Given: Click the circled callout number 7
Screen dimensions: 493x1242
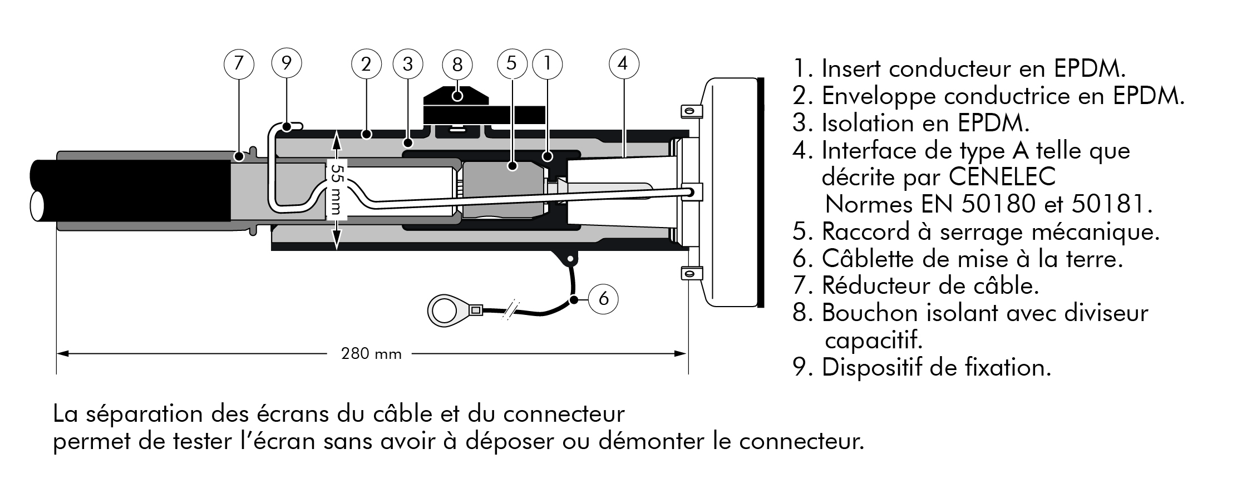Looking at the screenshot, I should pos(239,63).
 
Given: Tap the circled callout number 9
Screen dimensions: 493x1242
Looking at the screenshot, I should pos(286,62).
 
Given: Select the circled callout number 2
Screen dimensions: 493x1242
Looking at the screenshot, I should pos(366,65).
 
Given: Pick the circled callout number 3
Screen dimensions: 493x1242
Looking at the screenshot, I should pos(408,64).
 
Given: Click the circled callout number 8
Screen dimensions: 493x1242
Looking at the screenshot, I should pos(457,65).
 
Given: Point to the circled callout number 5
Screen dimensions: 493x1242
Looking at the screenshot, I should pos(512,63).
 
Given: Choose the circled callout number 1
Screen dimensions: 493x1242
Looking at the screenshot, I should pos(548,63).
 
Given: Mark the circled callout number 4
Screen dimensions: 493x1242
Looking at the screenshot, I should pos(623,63).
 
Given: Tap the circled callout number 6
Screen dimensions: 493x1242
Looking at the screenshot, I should pos(603,299).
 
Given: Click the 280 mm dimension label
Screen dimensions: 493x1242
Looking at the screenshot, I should pos(371,354).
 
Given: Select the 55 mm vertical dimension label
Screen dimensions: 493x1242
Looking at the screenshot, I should pos(336,189).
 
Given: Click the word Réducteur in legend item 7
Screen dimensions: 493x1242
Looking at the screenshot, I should pos(875,286).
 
